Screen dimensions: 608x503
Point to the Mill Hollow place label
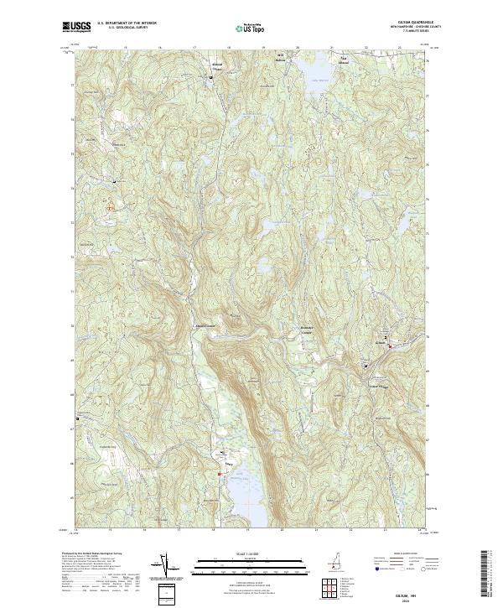pyautogui.click(x=283, y=57)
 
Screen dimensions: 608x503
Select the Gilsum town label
pyautogui.click(x=382, y=342)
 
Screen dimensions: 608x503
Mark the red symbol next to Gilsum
pyautogui.click(x=389, y=348)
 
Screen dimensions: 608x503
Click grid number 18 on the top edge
pyautogui.click(x=214, y=49)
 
